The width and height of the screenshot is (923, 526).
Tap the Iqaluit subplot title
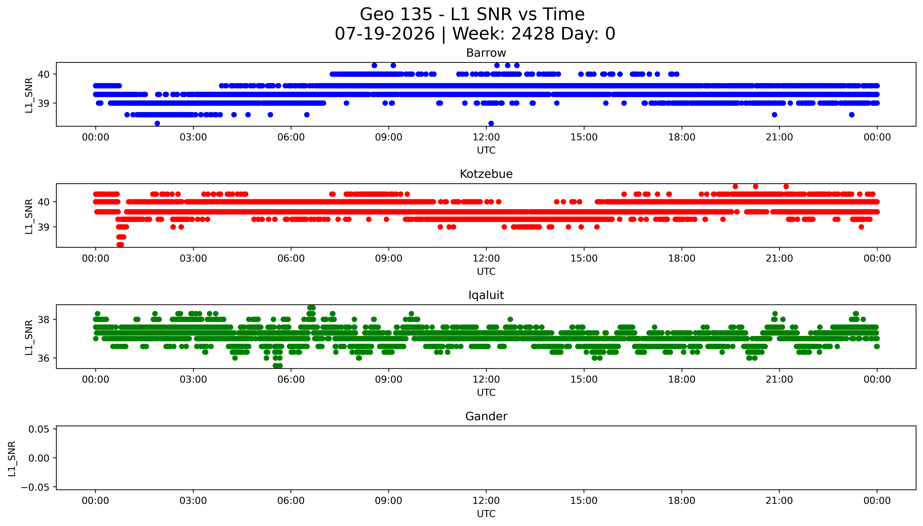tap(486, 295)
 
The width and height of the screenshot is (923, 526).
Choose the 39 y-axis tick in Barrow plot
tap(44, 103)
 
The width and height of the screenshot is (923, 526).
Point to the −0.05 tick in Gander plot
tap(35, 487)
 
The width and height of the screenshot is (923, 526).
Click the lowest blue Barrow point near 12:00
tap(491, 123)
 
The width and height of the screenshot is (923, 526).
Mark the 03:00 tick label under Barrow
tap(193, 137)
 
